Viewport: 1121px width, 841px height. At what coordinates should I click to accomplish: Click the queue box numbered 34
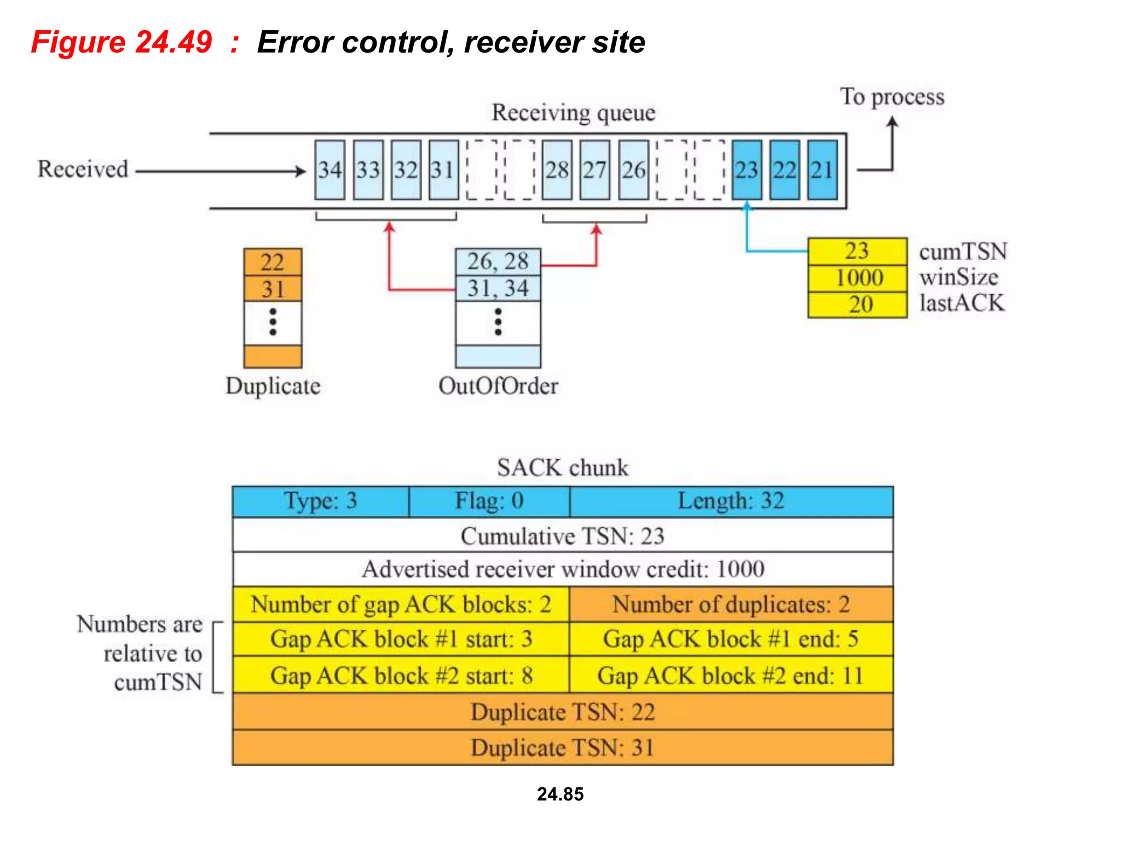pos(330,170)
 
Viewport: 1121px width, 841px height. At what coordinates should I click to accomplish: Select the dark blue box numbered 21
pos(822,170)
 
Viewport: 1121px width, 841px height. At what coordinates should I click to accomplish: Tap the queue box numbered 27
pos(594,170)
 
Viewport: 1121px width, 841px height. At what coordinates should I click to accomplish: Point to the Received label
pos(83,169)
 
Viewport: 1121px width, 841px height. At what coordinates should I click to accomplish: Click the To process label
pos(892,97)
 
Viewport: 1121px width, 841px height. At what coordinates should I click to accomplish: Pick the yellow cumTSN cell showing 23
pos(857,251)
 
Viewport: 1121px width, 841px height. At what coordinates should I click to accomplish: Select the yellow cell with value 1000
pos(858,278)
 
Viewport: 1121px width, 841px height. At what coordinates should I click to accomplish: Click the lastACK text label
pos(962,303)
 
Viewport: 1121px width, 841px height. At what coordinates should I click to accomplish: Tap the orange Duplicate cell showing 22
pos(273,262)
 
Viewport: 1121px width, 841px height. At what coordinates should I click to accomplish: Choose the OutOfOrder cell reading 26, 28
pos(498,262)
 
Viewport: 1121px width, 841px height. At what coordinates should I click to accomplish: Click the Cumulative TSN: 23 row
pos(562,536)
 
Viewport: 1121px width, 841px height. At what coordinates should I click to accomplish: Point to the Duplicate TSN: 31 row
pos(562,748)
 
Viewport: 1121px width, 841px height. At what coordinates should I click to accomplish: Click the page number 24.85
pos(560,794)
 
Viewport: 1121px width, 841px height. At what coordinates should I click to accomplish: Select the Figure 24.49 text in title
pos(122,42)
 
